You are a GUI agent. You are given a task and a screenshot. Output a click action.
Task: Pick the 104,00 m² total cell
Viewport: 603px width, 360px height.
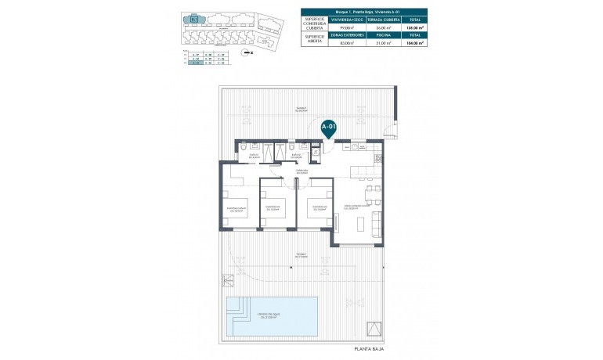click(415, 44)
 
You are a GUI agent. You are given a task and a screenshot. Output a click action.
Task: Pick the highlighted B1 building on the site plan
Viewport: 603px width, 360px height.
click(193, 19)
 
